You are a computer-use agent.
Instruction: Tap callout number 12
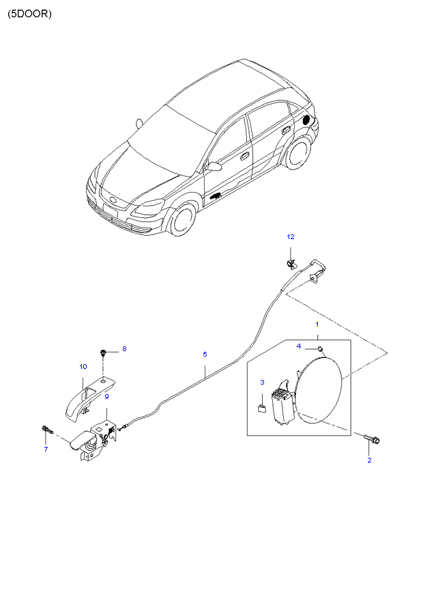(290, 236)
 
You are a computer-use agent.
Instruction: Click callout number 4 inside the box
(299, 346)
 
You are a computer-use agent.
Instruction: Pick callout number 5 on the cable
(205, 354)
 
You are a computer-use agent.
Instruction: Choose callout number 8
(124, 349)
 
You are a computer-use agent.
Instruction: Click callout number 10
(83, 367)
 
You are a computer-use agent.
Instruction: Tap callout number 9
(106, 396)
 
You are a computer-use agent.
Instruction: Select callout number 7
(46, 449)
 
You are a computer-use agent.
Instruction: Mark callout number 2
(370, 460)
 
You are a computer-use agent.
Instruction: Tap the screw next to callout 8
(102, 353)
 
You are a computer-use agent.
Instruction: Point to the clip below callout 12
(291, 261)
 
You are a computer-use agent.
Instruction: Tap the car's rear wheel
(297, 154)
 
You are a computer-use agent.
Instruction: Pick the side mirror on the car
(214, 166)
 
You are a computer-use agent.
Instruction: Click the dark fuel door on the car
(306, 120)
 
